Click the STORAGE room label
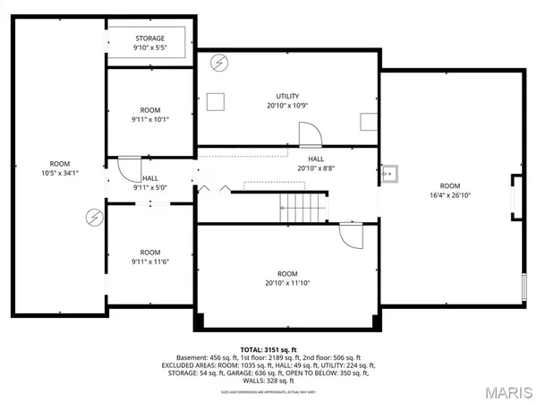pos(150,39)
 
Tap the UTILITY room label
pos(287,96)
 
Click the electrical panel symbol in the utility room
pos(220,64)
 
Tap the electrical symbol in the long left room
pos(92,217)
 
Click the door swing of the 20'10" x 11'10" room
pos(352,236)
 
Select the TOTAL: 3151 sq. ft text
pos(268,348)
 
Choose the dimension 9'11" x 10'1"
pos(149,118)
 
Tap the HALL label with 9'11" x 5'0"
pos(149,183)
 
